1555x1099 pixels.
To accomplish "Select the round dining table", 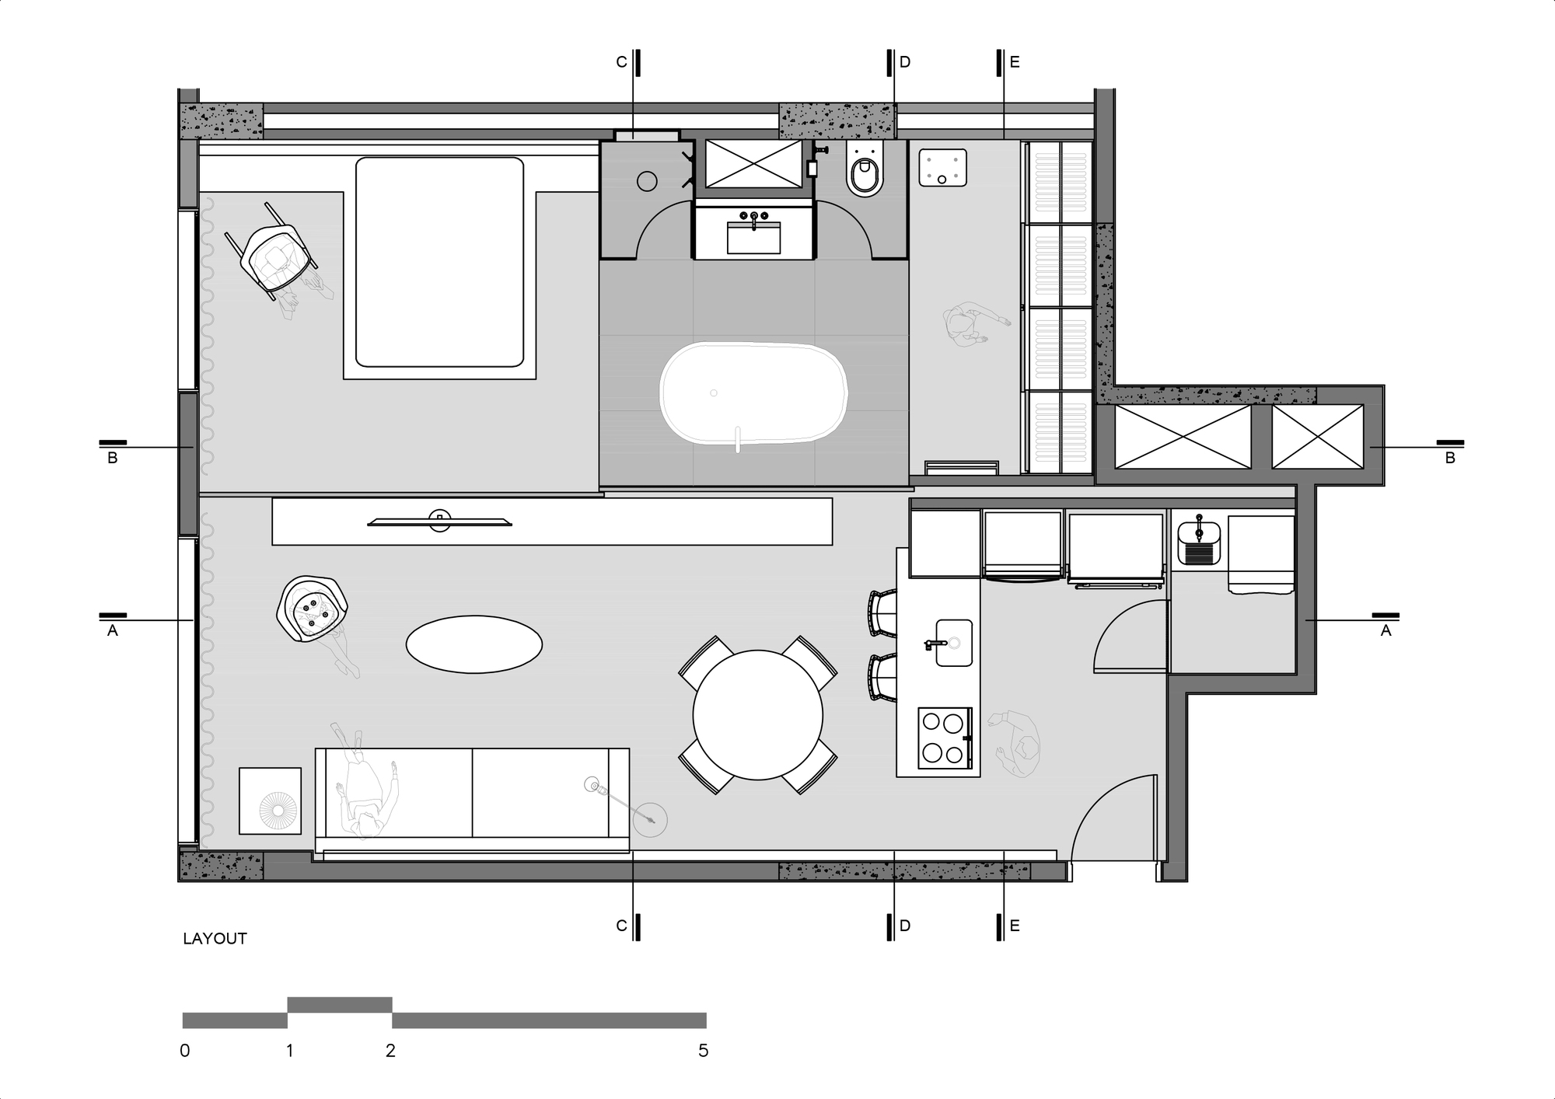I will (x=757, y=714).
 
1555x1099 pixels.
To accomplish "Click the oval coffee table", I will (x=474, y=644).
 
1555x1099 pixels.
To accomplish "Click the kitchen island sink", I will (x=954, y=643).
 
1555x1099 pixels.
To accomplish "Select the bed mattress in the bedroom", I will (x=439, y=262).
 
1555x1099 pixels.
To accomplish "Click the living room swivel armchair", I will (x=312, y=609).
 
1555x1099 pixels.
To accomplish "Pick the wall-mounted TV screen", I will (x=439, y=522).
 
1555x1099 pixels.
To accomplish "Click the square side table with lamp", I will (x=270, y=801).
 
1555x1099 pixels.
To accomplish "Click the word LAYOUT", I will (x=215, y=939).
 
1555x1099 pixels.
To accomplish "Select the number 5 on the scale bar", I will (x=704, y=1051).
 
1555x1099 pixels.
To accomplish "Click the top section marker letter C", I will (x=621, y=62).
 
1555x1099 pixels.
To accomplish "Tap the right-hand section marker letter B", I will (x=1449, y=459).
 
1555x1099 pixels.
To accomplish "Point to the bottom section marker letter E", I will (x=1014, y=926).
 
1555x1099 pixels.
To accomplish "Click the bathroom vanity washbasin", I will (x=753, y=237).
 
